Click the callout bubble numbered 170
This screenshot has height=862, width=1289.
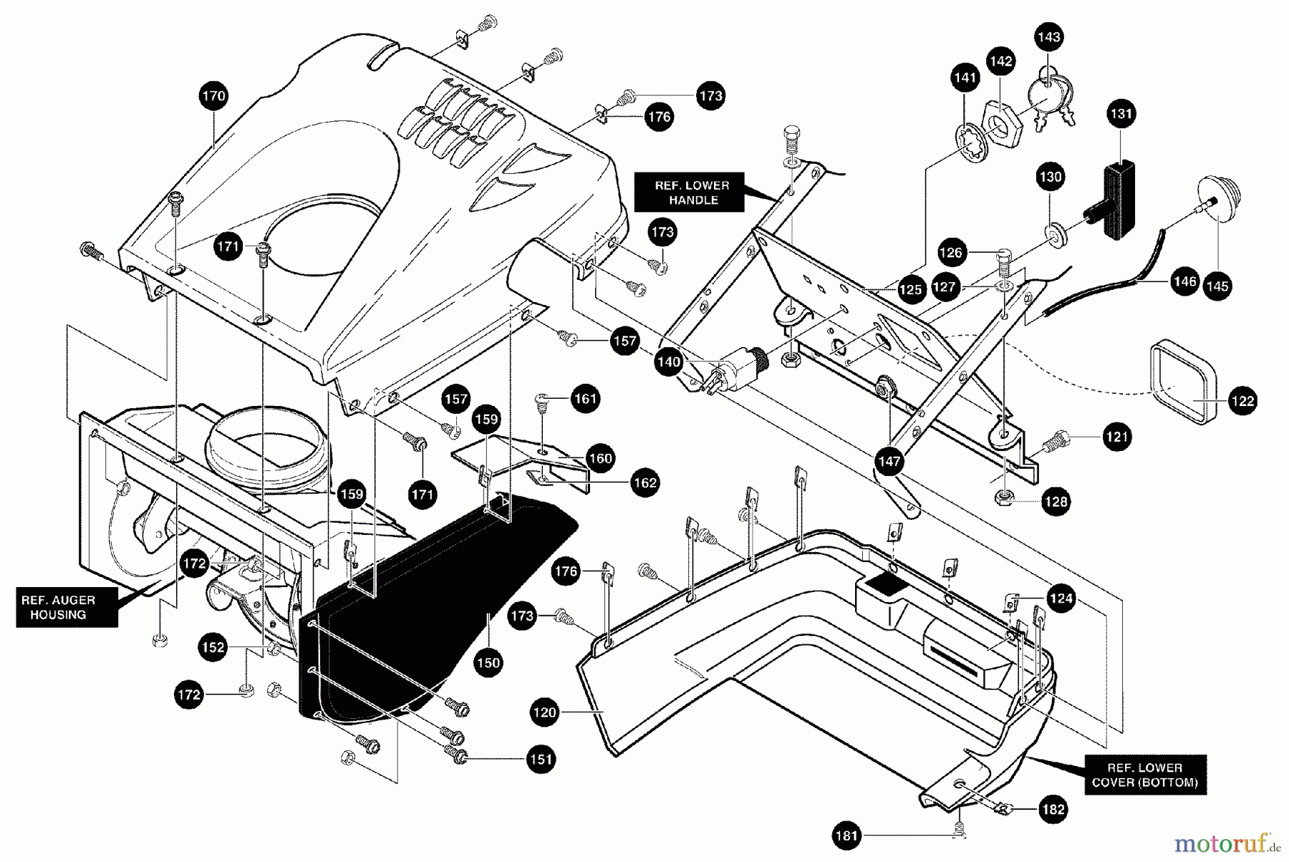[213, 96]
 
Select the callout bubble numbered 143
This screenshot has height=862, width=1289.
[1049, 37]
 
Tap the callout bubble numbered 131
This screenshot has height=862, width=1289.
[1121, 113]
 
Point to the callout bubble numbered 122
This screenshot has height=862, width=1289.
[1242, 400]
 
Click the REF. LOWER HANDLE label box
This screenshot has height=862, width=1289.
[692, 193]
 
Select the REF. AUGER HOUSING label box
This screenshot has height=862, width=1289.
[67, 607]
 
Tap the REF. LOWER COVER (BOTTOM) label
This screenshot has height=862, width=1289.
[1145, 775]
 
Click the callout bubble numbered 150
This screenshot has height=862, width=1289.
[488, 662]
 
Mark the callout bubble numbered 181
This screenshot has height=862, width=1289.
[847, 836]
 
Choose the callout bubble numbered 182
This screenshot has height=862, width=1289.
[1053, 810]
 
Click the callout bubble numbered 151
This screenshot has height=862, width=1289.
[541, 759]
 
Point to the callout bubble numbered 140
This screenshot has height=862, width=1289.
[668, 362]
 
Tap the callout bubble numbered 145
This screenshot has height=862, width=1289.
[1217, 286]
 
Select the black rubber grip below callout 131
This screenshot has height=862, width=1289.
[1119, 203]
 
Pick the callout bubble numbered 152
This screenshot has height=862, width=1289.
[213, 647]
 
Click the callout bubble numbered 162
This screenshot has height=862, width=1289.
[644, 483]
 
